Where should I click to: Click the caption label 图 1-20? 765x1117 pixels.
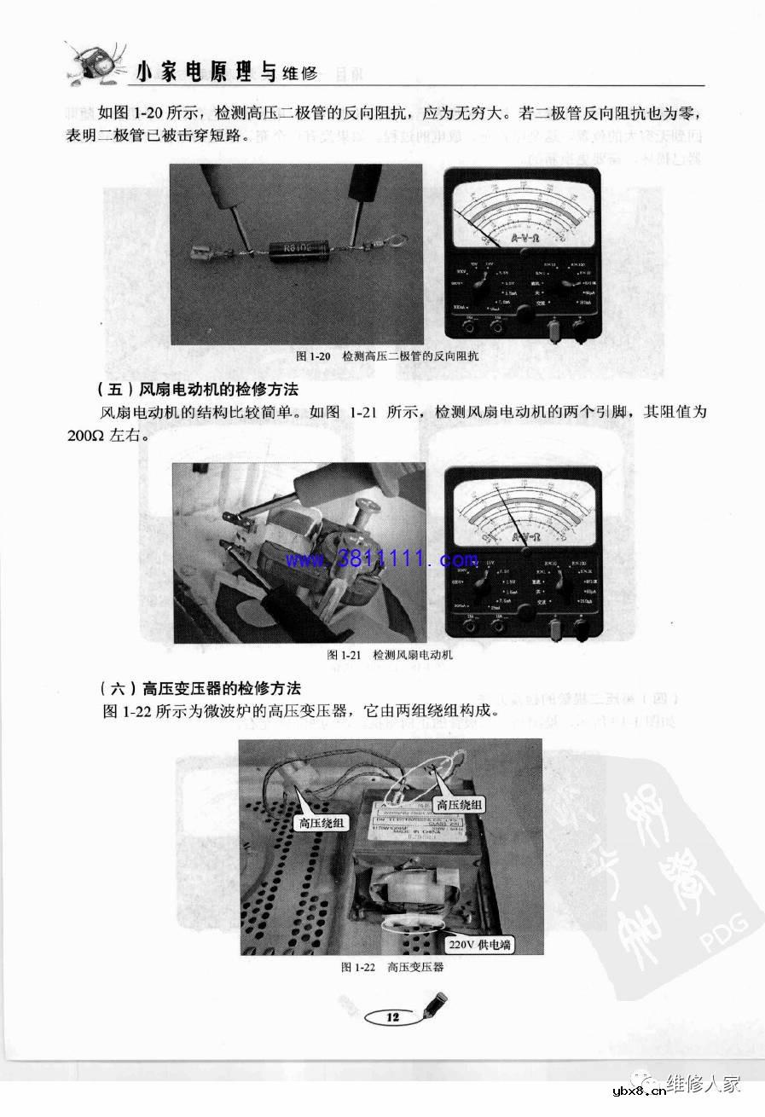pyautogui.click(x=312, y=356)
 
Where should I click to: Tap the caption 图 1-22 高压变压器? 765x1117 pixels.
pyautogui.click(x=392, y=967)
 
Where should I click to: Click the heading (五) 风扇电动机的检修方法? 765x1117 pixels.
pyautogui.click(x=200, y=390)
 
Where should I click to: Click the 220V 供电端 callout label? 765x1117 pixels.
pyautogui.click(x=481, y=945)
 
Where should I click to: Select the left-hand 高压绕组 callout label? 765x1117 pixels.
pyautogui.click(x=320, y=823)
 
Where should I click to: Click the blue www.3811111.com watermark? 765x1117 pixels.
pyautogui.click(x=382, y=560)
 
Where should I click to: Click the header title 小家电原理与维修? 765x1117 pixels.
pyautogui.click(x=226, y=73)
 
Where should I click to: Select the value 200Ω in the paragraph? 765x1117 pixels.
pyautogui.click(x=85, y=433)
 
